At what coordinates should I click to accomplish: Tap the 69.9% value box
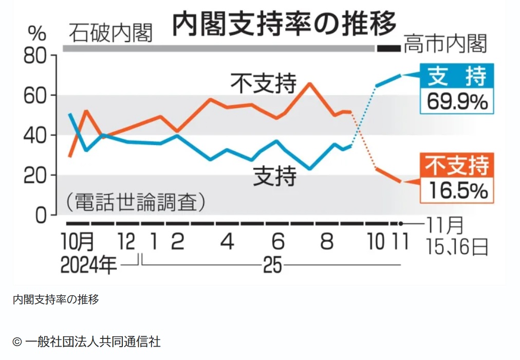(x=457, y=102)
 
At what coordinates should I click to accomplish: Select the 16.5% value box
(x=457, y=191)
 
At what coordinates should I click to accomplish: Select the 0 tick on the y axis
(x=41, y=215)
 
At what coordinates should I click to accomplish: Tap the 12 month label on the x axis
(x=127, y=241)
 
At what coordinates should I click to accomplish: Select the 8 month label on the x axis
(x=326, y=241)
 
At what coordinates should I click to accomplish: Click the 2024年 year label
(x=88, y=265)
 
